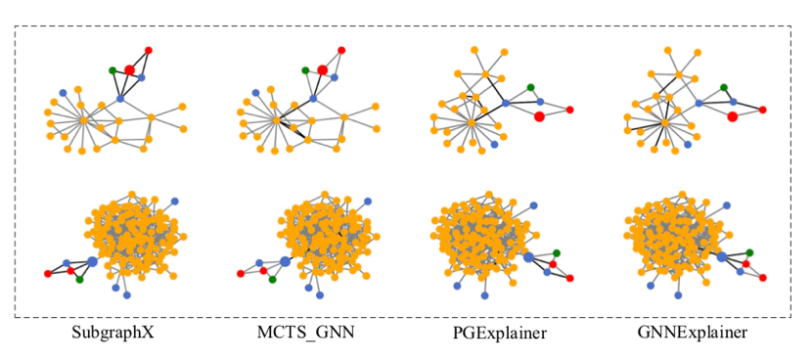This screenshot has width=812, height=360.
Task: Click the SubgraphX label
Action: pos(113,333)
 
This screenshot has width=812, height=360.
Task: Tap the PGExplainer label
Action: pos(500,334)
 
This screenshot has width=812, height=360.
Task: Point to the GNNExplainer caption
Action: pos(690,333)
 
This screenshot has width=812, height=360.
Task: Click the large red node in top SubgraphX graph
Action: pos(129,69)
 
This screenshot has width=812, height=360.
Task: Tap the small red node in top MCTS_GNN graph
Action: pos(340,49)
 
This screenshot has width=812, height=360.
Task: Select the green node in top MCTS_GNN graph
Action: pos(305,69)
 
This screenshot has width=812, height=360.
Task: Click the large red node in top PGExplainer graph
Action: pos(539,116)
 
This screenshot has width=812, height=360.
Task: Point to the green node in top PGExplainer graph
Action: pos(530,87)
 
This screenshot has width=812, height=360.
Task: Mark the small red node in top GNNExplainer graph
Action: pos(763,110)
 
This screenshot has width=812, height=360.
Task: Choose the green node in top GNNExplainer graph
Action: pos(724,87)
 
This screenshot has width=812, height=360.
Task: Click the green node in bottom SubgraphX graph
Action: pos(79,279)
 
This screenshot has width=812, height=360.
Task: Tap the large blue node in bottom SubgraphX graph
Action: pos(92,261)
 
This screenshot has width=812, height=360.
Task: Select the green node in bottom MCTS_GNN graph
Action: pos(272,279)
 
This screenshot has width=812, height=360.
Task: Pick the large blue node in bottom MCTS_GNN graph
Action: pos(285,261)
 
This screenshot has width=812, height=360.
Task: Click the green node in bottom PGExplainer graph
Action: pos(557,252)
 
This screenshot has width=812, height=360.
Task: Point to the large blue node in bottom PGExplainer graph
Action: pos(528,257)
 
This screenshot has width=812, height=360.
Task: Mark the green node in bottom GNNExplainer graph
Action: pos(749,252)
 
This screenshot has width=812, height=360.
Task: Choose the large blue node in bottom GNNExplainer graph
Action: pos(721,256)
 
